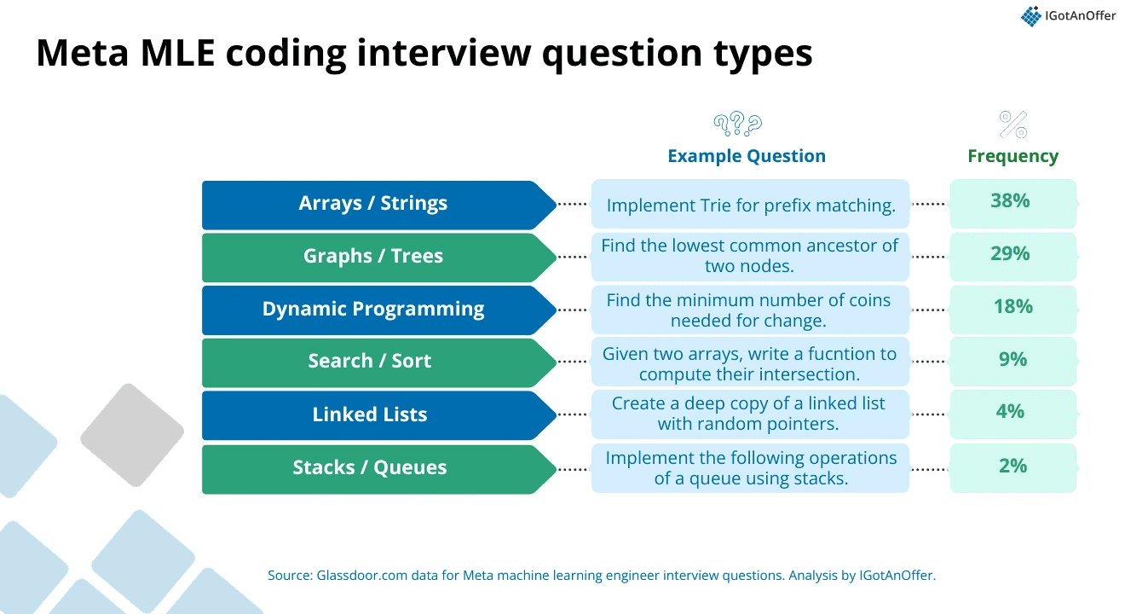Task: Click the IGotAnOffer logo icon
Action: coord(1030,16)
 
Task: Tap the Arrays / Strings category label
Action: coord(372,203)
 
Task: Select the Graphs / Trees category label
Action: coord(373,256)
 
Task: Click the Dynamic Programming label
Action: coord(373,309)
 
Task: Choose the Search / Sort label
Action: coord(370,361)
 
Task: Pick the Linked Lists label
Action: coord(370,414)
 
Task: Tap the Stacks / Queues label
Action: coord(370,467)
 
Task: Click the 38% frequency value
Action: coord(1010,200)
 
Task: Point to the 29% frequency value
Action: coord(1010,253)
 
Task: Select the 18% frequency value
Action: coord(1013,306)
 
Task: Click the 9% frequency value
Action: coord(1013,359)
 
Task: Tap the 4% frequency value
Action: coord(1010,412)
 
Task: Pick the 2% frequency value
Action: coord(1013,466)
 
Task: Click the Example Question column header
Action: coord(747,156)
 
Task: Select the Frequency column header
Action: coord(1013,156)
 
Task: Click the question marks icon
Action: coord(738,124)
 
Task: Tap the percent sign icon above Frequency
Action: coord(1013,125)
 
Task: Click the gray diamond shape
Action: coord(132,435)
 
